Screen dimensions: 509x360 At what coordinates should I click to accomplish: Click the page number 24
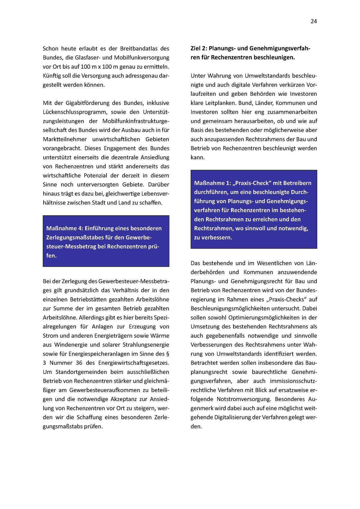313,21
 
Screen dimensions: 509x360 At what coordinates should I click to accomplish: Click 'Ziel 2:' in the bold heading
199,48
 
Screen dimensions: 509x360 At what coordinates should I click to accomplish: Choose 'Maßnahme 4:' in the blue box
62,229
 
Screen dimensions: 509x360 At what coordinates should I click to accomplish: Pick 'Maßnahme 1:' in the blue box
210,183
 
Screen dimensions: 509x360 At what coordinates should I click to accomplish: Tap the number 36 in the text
79,363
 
